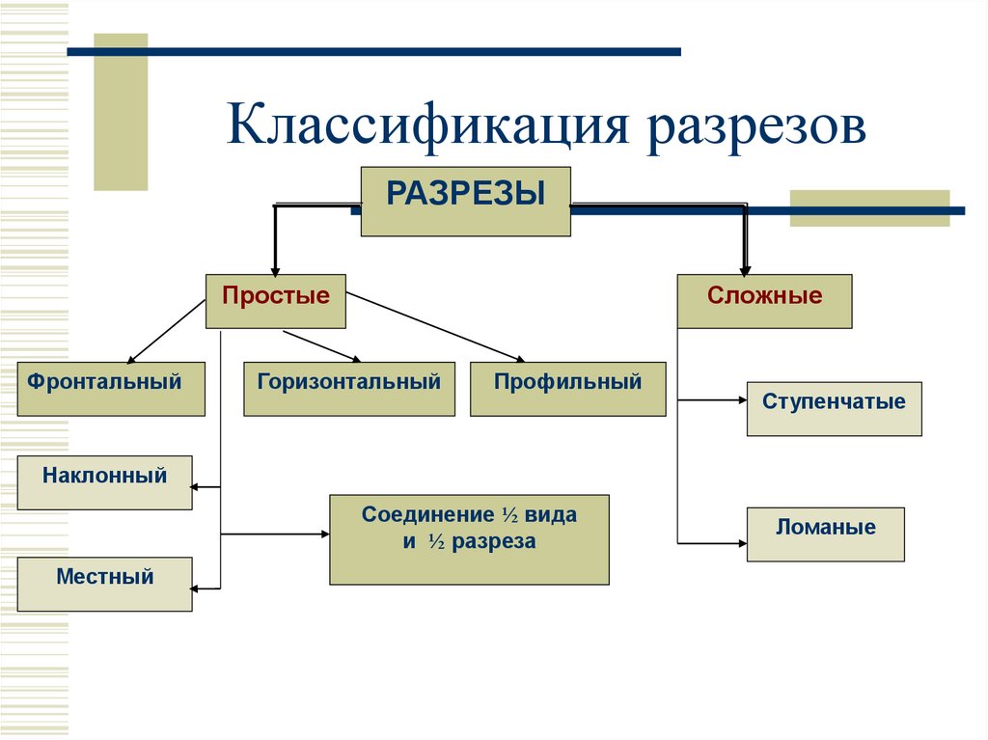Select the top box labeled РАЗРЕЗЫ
(x=465, y=201)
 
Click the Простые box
(x=276, y=301)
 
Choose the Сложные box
(x=764, y=301)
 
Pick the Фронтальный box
(x=111, y=388)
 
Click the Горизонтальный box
(x=348, y=388)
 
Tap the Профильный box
(x=567, y=388)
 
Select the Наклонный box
(x=104, y=481)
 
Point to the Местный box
(x=104, y=584)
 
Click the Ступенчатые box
(x=834, y=408)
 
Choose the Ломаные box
(x=825, y=534)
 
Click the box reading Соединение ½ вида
(x=469, y=539)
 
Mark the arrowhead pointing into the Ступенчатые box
(x=741, y=398)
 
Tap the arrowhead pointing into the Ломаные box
(x=741, y=543)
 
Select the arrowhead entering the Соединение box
(x=323, y=534)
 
